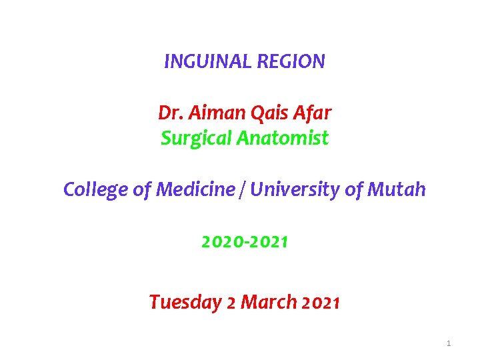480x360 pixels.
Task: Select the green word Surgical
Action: (x=195, y=138)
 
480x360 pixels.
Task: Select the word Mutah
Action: (x=397, y=190)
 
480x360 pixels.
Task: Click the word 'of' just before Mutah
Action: (x=354, y=190)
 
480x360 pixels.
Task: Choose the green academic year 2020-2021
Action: (x=245, y=242)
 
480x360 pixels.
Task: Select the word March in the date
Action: (x=269, y=302)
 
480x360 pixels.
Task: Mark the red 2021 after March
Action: (x=321, y=303)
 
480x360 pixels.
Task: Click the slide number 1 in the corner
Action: (x=449, y=343)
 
